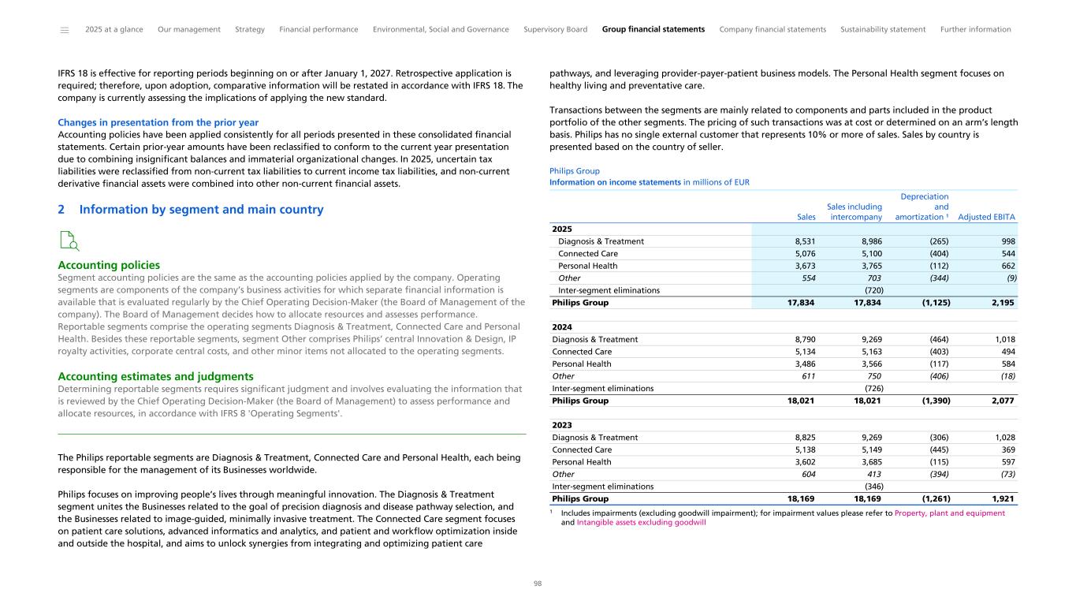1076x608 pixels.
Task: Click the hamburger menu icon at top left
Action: (64, 30)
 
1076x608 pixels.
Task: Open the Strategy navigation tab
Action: (250, 30)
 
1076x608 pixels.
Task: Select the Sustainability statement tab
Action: (883, 30)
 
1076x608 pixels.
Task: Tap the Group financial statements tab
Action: (653, 30)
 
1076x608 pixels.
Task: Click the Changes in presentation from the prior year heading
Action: (158, 123)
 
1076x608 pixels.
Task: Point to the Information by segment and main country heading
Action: (201, 210)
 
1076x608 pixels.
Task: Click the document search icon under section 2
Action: (69, 241)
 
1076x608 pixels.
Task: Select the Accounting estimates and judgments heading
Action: (155, 376)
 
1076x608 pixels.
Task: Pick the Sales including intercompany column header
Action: (854, 211)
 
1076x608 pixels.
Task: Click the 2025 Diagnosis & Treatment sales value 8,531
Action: (800, 241)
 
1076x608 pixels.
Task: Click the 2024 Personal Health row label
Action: (581, 364)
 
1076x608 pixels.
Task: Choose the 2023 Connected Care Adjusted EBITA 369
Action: (1007, 449)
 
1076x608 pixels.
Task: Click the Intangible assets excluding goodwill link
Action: (641, 522)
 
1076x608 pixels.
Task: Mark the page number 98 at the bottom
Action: (538, 584)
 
